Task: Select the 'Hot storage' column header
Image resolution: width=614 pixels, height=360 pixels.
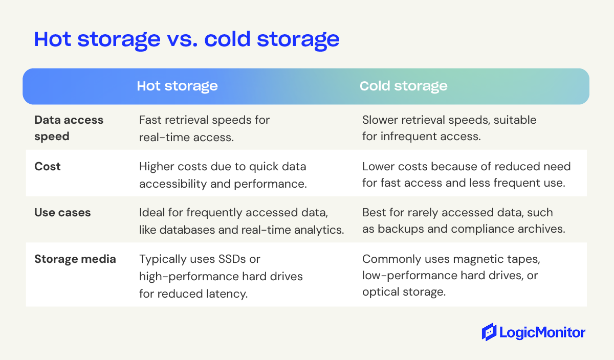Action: click(177, 86)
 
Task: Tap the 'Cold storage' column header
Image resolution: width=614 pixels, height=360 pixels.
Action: click(403, 86)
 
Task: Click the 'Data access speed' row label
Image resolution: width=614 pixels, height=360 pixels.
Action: click(69, 127)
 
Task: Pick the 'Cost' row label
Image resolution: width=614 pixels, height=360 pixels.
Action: click(48, 167)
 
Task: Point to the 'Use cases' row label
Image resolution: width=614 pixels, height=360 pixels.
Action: click(62, 213)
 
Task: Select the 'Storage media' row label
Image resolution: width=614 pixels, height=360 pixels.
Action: click(75, 259)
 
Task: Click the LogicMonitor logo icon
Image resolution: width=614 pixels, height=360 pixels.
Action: click(489, 332)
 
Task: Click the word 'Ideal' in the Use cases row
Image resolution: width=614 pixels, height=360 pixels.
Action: click(152, 213)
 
